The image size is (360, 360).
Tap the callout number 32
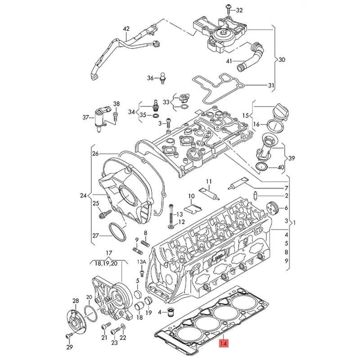click(x=239, y=10)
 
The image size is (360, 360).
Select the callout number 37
click(x=86, y=118)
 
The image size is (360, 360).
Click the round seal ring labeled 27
click(x=117, y=232)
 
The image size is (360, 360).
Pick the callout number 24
click(x=83, y=196)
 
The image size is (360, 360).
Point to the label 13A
click(x=141, y=261)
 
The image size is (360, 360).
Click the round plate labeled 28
click(x=75, y=318)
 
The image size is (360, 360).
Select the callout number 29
click(x=69, y=348)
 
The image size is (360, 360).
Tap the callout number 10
click(x=192, y=196)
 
